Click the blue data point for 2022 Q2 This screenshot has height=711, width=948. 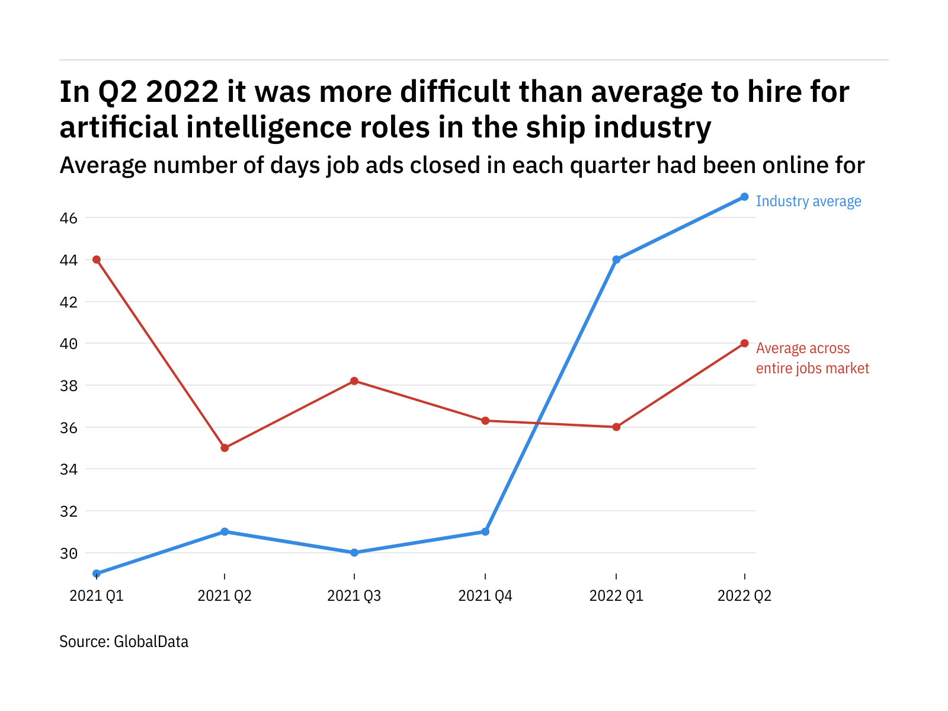coord(745,197)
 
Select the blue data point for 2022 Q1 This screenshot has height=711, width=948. coord(616,260)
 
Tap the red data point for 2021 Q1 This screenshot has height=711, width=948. coord(97,260)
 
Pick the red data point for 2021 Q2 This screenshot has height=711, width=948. coord(225,448)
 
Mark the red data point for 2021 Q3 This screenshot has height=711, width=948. coord(354,381)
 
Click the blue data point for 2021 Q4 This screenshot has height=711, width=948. coord(485,531)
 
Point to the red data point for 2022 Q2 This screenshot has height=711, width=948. coord(745,344)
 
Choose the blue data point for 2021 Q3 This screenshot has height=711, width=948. coord(354,553)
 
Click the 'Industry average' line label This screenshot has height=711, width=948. coord(808,201)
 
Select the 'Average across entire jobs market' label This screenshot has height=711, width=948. coord(812,358)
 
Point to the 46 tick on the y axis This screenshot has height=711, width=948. coord(69,218)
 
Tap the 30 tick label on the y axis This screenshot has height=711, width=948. coord(69,553)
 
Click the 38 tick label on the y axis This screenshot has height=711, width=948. coord(69,386)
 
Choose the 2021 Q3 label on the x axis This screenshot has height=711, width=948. coord(354,595)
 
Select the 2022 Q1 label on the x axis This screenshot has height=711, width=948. coord(616,595)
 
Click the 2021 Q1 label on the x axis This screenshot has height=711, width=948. coord(97,595)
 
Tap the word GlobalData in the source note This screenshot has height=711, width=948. coord(151,642)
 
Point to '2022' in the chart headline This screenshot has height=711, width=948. coord(182,92)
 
